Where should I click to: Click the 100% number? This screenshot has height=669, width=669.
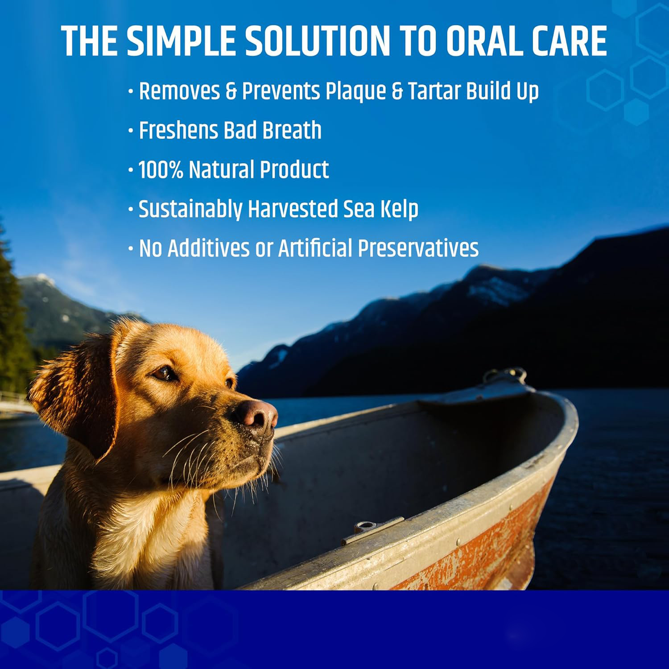point(161,169)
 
